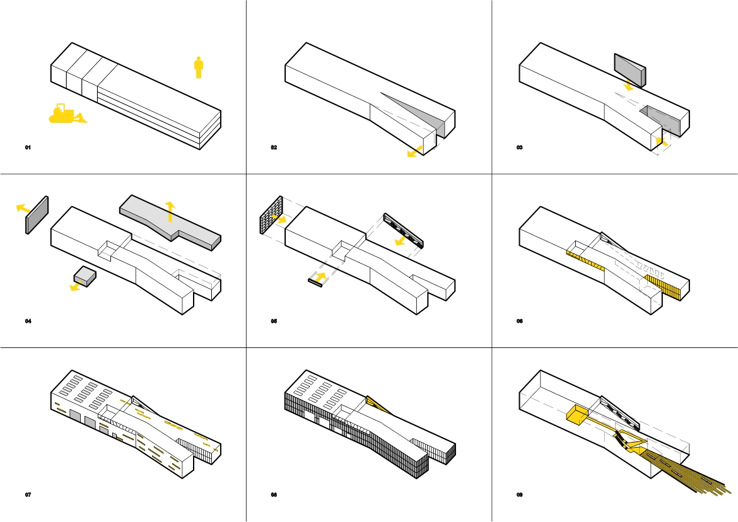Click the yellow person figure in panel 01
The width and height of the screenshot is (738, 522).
coord(199,67)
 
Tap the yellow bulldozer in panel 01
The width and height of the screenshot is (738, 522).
coord(67,114)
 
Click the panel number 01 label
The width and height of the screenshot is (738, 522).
coord(28,148)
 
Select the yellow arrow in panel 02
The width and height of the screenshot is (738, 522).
coord(415,151)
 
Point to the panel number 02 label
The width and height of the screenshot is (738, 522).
coord(274,148)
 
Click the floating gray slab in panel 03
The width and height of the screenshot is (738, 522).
coord(630,70)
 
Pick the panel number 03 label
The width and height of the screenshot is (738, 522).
coord(519,148)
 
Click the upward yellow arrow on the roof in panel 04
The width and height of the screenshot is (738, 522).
coord(170,211)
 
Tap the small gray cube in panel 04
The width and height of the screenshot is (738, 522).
coord(85,276)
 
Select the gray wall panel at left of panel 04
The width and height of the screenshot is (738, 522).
coord(37,215)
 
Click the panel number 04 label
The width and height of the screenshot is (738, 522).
coord(28,321)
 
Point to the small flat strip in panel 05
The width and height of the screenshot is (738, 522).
coord(315,282)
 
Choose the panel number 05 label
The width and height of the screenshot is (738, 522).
coord(274,321)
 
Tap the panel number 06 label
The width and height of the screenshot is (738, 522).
coord(519,321)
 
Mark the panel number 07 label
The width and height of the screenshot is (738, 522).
coord(28,495)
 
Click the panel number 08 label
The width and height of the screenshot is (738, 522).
coord(274,495)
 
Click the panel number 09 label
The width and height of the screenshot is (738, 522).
coord(519,495)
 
